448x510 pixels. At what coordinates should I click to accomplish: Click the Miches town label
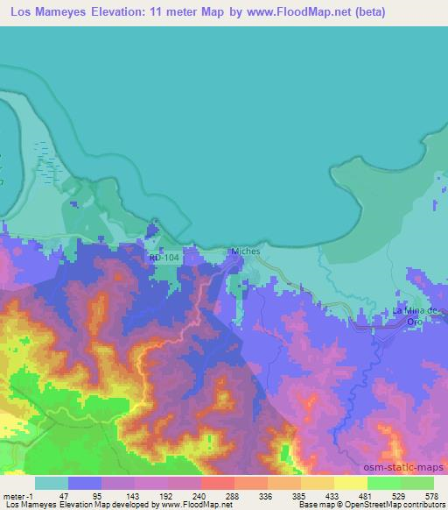pos(246,251)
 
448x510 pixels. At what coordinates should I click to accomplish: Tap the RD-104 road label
pos(164,258)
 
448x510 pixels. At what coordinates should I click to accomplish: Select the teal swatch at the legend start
pos(51,483)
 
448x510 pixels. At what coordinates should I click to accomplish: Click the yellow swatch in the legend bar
pos(350,483)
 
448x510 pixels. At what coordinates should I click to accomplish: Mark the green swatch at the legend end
pos(416,483)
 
